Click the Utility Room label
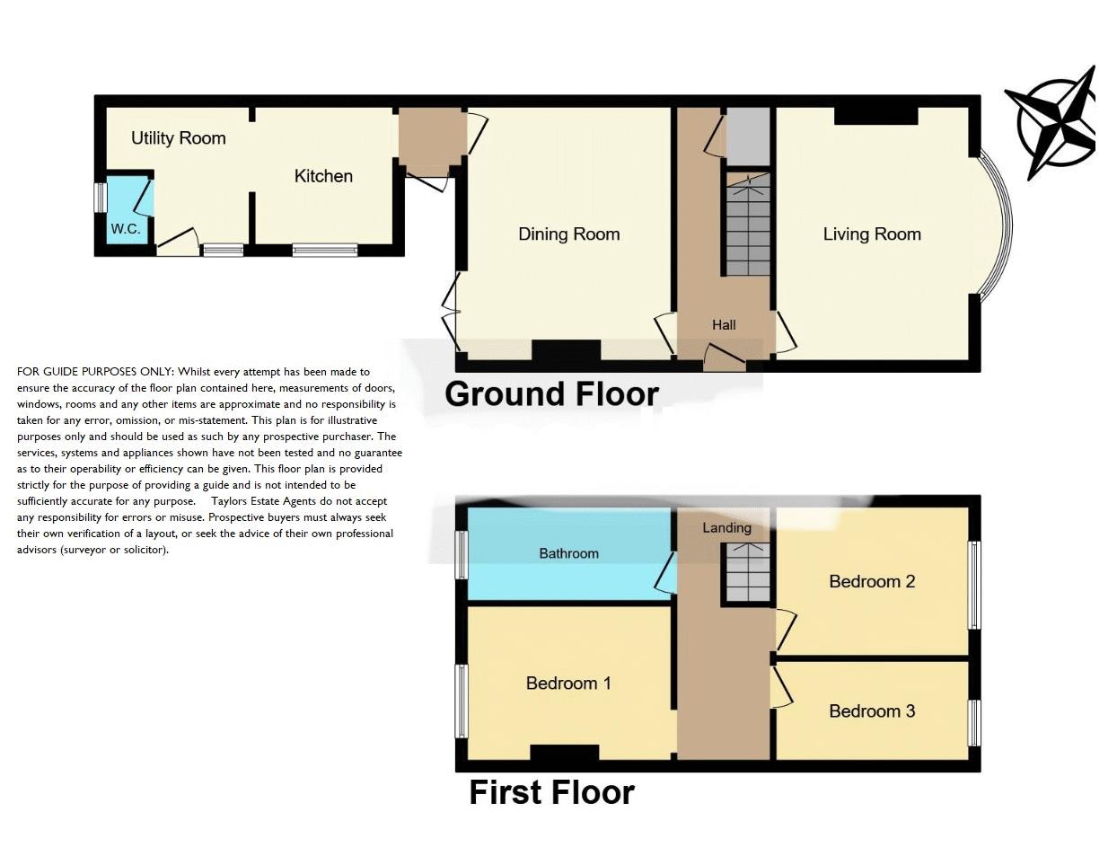[x=178, y=138]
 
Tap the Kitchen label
[x=323, y=176]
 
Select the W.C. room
[x=126, y=216]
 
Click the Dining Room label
[x=568, y=234]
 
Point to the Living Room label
[x=872, y=234]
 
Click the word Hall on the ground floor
[x=724, y=325]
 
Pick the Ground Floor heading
[x=551, y=394]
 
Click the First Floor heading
[x=551, y=792]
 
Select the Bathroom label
[x=568, y=553]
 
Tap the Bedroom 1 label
[x=568, y=684]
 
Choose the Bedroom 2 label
[x=872, y=582]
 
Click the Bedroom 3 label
[x=872, y=711]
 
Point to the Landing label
[x=726, y=528]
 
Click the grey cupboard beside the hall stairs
[x=748, y=135]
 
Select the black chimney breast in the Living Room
[x=875, y=116]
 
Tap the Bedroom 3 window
[x=973, y=722]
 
